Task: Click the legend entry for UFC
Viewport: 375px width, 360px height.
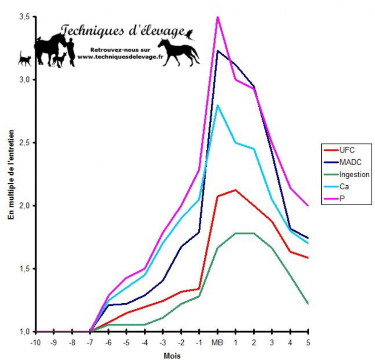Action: point(346,150)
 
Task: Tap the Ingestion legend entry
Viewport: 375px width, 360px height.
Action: point(354,175)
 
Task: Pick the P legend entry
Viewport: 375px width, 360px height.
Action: point(342,200)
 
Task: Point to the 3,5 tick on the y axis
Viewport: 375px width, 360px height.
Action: point(25,17)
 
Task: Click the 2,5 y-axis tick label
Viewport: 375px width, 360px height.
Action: point(25,143)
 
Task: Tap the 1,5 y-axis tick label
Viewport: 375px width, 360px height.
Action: point(25,269)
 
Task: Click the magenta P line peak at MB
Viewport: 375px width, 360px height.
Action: point(217,17)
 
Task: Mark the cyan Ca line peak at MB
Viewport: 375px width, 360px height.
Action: point(217,105)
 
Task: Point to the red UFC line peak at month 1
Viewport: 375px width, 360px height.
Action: point(235,190)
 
